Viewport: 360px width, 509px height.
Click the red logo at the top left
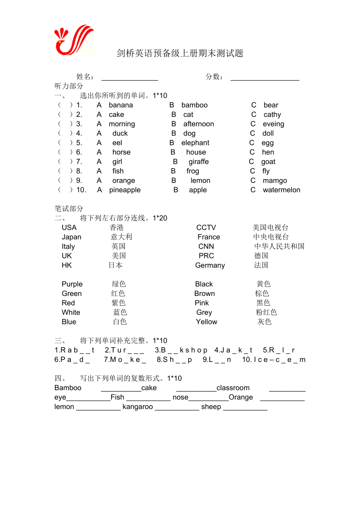(x=74, y=40)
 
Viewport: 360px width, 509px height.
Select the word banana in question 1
(x=121, y=105)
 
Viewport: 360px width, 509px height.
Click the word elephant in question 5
(x=195, y=143)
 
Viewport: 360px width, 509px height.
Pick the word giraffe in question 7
(x=198, y=162)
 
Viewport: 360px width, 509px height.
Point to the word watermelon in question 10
(x=281, y=190)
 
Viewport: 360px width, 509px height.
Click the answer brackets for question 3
(x=65, y=124)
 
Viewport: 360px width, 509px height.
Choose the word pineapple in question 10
(x=125, y=190)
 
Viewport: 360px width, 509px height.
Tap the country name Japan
(x=72, y=237)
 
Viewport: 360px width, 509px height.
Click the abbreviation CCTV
(x=206, y=228)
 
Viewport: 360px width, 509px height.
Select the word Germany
(x=210, y=265)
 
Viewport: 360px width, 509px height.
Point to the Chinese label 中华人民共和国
(x=279, y=246)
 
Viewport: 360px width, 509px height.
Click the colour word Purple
(x=72, y=284)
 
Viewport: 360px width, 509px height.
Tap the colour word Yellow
(x=207, y=322)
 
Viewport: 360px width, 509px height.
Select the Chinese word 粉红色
(x=266, y=312)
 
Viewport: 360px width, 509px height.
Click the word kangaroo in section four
(x=138, y=407)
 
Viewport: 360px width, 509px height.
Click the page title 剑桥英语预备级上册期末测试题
(x=180, y=54)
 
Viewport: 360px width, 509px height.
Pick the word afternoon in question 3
(x=199, y=124)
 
